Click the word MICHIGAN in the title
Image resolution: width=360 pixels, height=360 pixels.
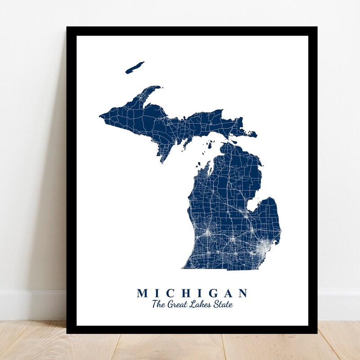tap(192, 293)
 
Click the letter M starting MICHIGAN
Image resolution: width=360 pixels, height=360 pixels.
tap(142, 293)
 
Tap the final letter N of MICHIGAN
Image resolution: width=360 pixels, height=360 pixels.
tap(243, 293)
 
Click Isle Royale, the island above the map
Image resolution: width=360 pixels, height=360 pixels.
tap(135, 68)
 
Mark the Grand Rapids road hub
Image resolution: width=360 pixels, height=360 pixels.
tap(207, 233)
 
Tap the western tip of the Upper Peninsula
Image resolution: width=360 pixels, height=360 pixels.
tap(100, 117)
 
